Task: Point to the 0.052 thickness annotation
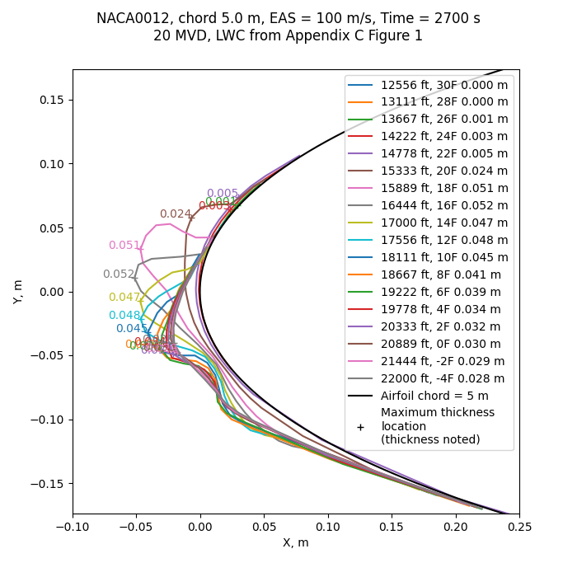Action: tap(118, 274)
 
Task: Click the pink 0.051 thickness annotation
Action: tap(124, 246)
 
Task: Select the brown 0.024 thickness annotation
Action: tap(175, 214)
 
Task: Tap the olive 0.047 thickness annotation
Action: tap(124, 298)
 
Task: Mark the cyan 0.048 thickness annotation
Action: tap(124, 315)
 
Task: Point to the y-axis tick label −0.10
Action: tap(50, 420)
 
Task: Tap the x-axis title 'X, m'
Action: tap(295, 542)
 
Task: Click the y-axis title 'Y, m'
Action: tap(18, 291)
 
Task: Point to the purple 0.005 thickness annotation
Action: tap(222, 194)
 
